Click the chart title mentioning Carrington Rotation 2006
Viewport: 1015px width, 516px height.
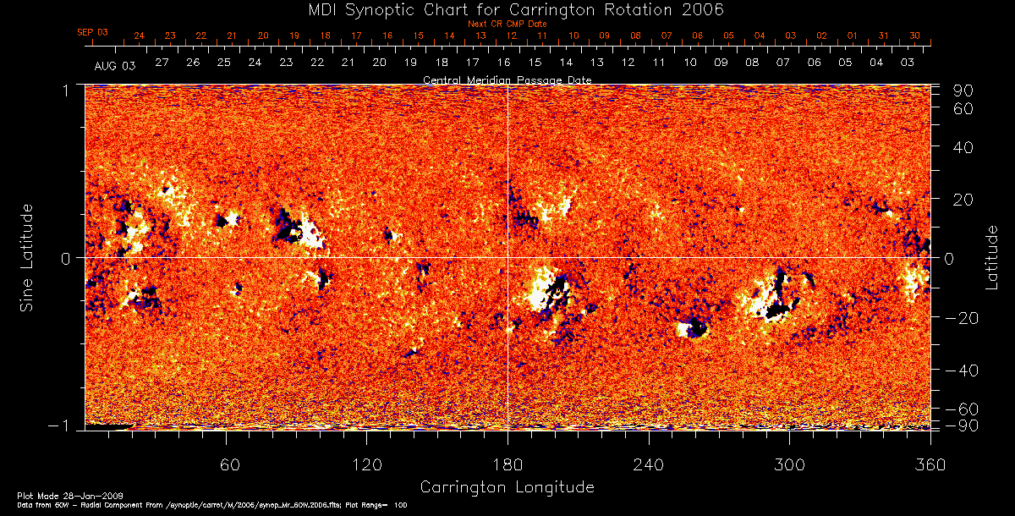(507, 9)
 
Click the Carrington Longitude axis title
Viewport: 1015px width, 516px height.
(507, 487)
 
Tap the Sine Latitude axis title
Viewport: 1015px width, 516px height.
(28, 257)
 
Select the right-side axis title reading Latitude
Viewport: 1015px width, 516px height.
(991, 257)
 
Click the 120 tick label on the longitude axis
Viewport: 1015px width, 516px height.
(367, 464)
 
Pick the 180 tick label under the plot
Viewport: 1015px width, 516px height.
(507, 464)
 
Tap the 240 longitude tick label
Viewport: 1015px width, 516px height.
(649, 464)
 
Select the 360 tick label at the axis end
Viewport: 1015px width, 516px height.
(930, 464)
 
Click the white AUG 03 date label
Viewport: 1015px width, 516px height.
(114, 64)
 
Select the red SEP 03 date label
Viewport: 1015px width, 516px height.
(92, 32)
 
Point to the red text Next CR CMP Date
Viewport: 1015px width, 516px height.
(507, 25)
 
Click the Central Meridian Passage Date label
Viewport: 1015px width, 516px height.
(507, 80)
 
